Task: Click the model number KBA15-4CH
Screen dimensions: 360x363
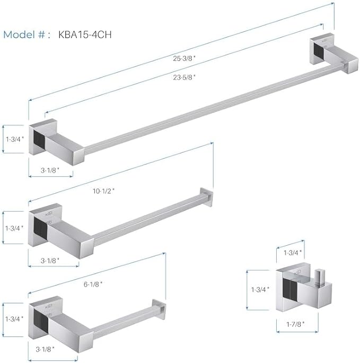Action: click(85, 34)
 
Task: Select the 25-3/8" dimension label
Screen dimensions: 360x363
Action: click(184, 58)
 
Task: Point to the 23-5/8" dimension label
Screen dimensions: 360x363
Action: click(184, 77)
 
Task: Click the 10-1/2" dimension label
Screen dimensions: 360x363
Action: click(103, 191)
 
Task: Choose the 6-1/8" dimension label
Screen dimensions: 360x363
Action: click(93, 284)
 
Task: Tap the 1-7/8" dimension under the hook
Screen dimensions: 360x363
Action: click(295, 324)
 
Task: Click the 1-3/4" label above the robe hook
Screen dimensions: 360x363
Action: click(293, 252)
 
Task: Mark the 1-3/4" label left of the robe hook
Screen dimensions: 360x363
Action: click(260, 289)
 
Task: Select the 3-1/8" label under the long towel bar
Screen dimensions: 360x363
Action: click(50, 170)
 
